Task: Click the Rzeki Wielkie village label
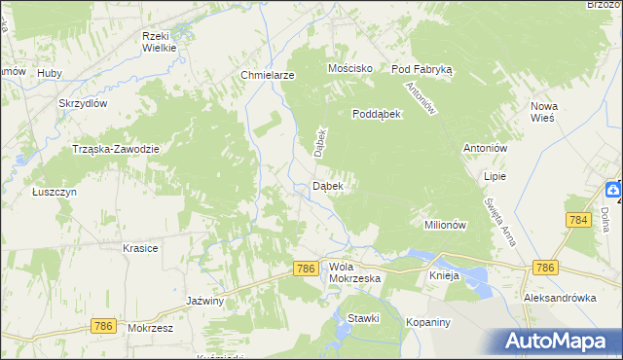click(158, 41)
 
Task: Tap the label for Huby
click(49, 73)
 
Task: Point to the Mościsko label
click(351, 69)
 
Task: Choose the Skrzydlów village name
click(82, 103)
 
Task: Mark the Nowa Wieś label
click(543, 111)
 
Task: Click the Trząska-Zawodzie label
click(116, 148)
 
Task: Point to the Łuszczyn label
click(54, 192)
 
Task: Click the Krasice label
click(140, 248)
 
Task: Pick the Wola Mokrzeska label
click(354, 271)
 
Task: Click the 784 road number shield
click(577, 221)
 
